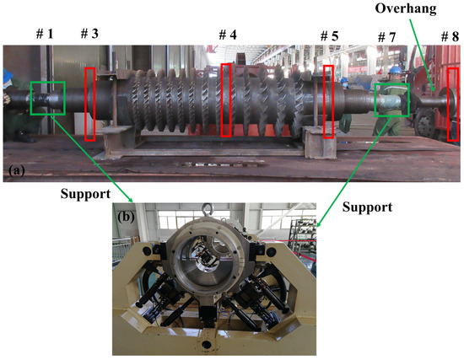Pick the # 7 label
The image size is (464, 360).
386,39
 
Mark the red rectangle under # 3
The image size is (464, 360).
89,104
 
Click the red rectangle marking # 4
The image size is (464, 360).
225,99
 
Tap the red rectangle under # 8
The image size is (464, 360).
453,104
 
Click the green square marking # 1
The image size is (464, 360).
46,98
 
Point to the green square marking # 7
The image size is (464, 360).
392,99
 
